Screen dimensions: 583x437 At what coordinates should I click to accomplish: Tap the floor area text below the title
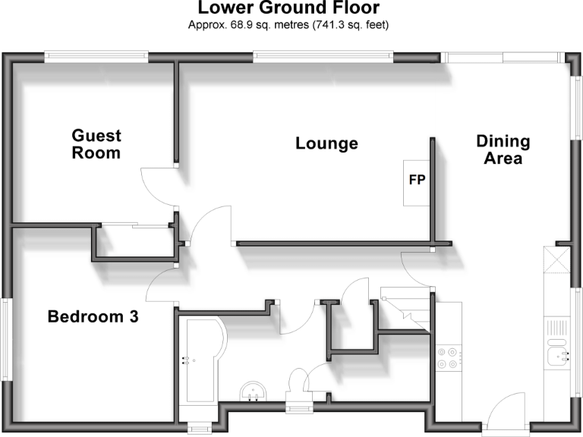click(288, 25)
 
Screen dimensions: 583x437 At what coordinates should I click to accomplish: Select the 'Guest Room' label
click(96, 144)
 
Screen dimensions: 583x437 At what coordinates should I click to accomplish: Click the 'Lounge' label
click(326, 143)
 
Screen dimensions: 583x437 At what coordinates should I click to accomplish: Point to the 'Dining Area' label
click(503, 149)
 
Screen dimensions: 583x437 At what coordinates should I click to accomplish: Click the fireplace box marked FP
click(417, 182)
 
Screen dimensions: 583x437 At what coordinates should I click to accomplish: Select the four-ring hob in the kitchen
click(446, 357)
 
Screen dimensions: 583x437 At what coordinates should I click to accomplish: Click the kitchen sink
click(558, 354)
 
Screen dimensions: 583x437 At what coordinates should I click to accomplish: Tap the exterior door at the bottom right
click(507, 413)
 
